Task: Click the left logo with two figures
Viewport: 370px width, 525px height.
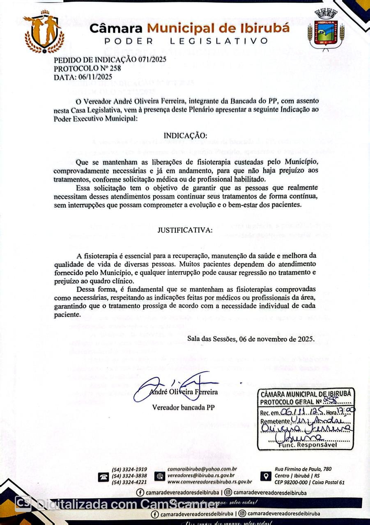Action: [44, 32]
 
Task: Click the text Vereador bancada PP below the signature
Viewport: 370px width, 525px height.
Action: [184, 407]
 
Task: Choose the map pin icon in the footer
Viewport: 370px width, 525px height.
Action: [267, 476]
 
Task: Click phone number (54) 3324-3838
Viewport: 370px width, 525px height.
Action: [129, 476]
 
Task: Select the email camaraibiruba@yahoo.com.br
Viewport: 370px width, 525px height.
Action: [202, 469]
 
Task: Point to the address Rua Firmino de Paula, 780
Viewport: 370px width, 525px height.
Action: [303, 469]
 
